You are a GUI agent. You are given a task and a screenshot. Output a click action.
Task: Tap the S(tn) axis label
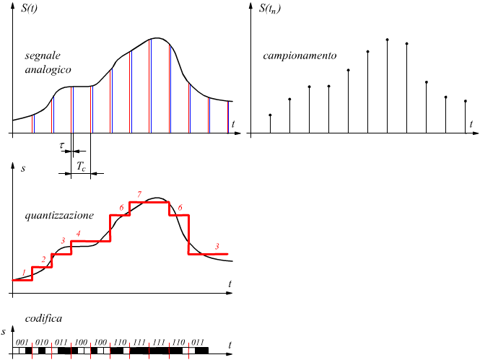270,8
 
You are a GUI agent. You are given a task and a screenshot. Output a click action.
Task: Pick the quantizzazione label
58,215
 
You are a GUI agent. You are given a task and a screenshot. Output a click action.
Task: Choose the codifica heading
43,319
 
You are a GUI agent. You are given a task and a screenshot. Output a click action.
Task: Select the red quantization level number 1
24,272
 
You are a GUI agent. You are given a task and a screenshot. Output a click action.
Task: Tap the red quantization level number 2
43,259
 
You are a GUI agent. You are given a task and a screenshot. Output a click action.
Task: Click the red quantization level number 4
78,233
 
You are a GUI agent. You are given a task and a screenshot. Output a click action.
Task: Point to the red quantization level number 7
139,194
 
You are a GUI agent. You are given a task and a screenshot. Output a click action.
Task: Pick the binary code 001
22,341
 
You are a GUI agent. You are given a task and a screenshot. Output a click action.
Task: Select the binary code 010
41,341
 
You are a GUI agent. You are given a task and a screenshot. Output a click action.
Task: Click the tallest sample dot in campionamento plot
388,40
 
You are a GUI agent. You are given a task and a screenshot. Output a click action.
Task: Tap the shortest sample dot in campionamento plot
270,115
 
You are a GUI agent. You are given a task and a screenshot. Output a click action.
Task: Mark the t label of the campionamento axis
471,124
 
